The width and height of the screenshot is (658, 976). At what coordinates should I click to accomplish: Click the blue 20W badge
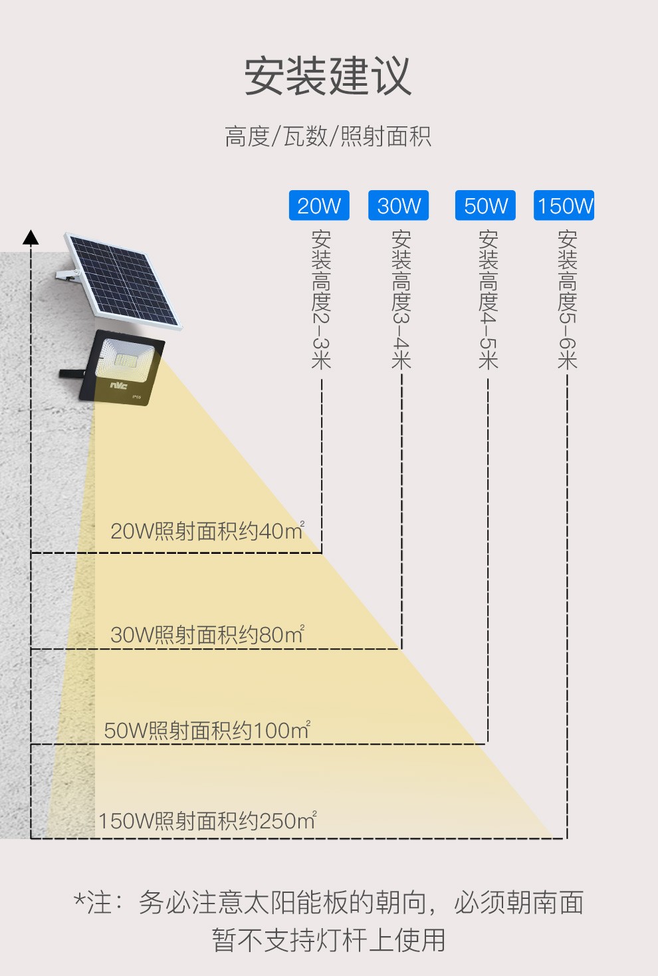[x=319, y=205]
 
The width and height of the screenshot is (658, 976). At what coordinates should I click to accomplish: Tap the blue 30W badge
[x=399, y=205]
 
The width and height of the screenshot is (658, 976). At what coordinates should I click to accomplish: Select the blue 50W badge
[x=485, y=205]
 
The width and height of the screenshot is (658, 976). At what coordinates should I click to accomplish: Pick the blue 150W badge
[x=564, y=205]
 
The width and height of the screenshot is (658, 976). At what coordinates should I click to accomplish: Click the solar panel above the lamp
[x=122, y=281]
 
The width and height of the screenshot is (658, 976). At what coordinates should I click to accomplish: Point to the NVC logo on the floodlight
[x=118, y=385]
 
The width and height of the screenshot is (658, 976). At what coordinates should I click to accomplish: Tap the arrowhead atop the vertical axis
[x=31, y=237]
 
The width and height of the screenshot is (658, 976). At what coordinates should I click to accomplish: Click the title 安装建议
[x=328, y=76]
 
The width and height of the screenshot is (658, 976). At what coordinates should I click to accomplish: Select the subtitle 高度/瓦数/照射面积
[x=328, y=136]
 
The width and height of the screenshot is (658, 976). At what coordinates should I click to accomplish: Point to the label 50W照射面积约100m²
[x=207, y=730]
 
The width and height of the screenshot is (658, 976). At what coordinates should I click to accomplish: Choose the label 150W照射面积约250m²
[x=208, y=820]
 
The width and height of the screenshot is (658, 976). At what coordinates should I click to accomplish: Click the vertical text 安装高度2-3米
[x=322, y=300]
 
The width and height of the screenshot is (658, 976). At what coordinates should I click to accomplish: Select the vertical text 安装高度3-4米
[x=401, y=300]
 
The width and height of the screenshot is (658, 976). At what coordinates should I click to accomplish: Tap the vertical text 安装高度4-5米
[x=488, y=300]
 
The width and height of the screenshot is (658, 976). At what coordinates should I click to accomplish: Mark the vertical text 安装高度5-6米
[x=567, y=300]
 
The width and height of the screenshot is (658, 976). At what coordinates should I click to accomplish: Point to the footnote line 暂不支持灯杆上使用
[x=328, y=940]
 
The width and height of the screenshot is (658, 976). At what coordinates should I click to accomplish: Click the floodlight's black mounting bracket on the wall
[x=72, y=374]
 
